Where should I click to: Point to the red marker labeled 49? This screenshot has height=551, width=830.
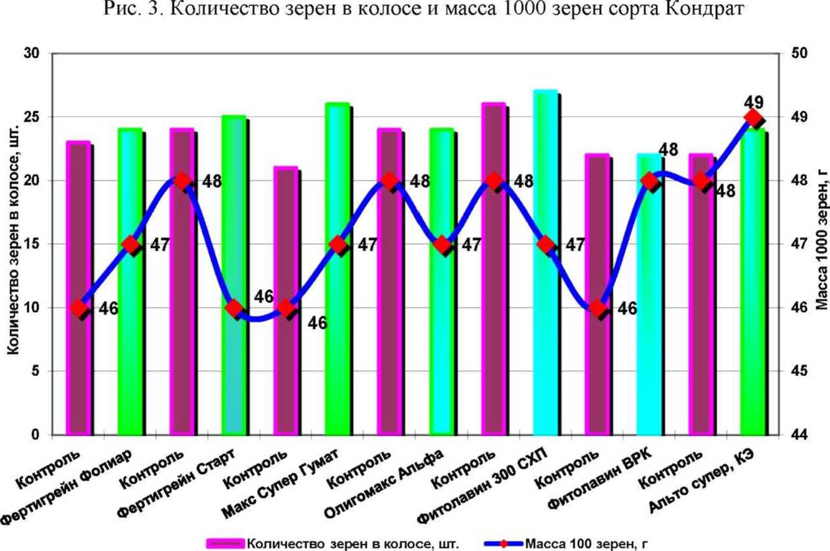(x=753, y=118)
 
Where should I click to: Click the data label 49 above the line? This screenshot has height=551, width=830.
(x=753, y=102)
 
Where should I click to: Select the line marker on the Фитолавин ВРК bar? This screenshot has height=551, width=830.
(x=650, y=181)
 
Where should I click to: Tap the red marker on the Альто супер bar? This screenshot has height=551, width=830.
(x=753, y=118)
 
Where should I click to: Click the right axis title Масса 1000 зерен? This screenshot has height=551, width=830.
(x=821, y=244)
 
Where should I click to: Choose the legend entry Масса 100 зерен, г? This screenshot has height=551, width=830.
(x=581, y=544)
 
